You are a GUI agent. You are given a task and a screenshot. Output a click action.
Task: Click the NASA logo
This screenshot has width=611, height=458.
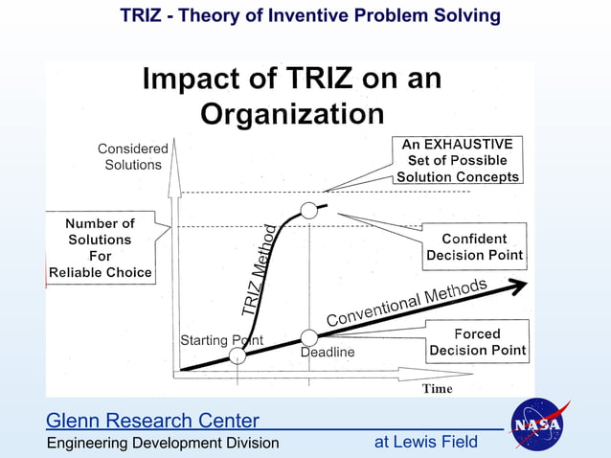tap(540, 424)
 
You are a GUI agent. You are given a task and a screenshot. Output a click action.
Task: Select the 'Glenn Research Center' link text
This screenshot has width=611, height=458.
tap(152, 421)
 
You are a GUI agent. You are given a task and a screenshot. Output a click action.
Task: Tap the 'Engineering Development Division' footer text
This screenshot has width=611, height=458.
tap(163, 443)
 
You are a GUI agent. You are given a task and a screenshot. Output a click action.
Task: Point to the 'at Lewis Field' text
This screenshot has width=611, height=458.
tap(425, 442)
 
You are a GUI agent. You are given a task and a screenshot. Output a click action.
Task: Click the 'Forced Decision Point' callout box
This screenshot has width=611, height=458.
tap(477, 342)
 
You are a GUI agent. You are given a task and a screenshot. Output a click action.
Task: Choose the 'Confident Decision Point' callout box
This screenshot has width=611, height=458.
tap(475, 247)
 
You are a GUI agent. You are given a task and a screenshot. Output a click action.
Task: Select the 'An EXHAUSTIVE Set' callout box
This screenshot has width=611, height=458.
tap(458, 160)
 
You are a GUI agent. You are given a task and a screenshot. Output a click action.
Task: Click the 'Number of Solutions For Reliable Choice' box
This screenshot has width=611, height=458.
tap(100, 247)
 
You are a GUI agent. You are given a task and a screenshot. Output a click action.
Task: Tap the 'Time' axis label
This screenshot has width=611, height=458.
tap(438, 388)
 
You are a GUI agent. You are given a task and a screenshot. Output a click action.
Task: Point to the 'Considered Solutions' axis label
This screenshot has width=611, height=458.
tap(133, 156)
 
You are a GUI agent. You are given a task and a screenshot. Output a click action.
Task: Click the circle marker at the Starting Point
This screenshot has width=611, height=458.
tap(238, 355)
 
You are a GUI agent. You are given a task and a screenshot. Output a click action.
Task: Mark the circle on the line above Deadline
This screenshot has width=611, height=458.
tap(309, 337)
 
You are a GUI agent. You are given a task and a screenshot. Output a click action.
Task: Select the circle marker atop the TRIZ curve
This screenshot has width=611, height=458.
tap(308, 210)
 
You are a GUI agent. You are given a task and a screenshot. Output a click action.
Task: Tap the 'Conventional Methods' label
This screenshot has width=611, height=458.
tap(407, 302)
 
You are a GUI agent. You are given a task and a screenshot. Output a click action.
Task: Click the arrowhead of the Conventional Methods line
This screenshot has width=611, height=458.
tap(517, 285)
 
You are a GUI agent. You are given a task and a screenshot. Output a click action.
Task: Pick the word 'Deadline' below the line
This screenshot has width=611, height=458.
tap(328, 353)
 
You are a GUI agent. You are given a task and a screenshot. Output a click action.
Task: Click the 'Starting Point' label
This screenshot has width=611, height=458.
tap(221, 340)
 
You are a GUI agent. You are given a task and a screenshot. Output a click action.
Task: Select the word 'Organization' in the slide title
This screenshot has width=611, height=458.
tap(292, 114)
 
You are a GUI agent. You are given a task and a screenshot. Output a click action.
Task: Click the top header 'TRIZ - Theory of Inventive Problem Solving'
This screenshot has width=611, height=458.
tap(310, 15)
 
